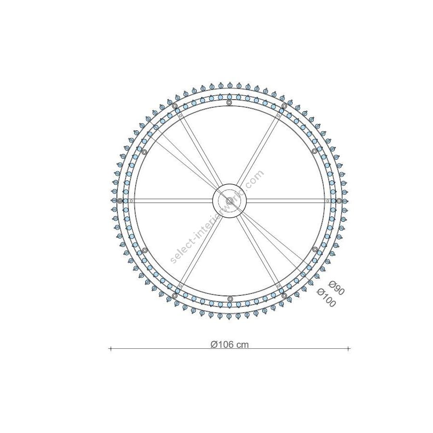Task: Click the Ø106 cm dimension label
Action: pos(229,344)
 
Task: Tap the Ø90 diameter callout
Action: pos(336,288)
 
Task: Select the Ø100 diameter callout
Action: pos(326,298)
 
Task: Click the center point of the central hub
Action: pos(229,201)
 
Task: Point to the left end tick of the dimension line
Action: pos(111,349)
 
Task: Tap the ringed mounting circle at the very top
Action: pos(229,103)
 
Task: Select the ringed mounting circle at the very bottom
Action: pos(229,299)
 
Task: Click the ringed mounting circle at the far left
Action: pos(120,201)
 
